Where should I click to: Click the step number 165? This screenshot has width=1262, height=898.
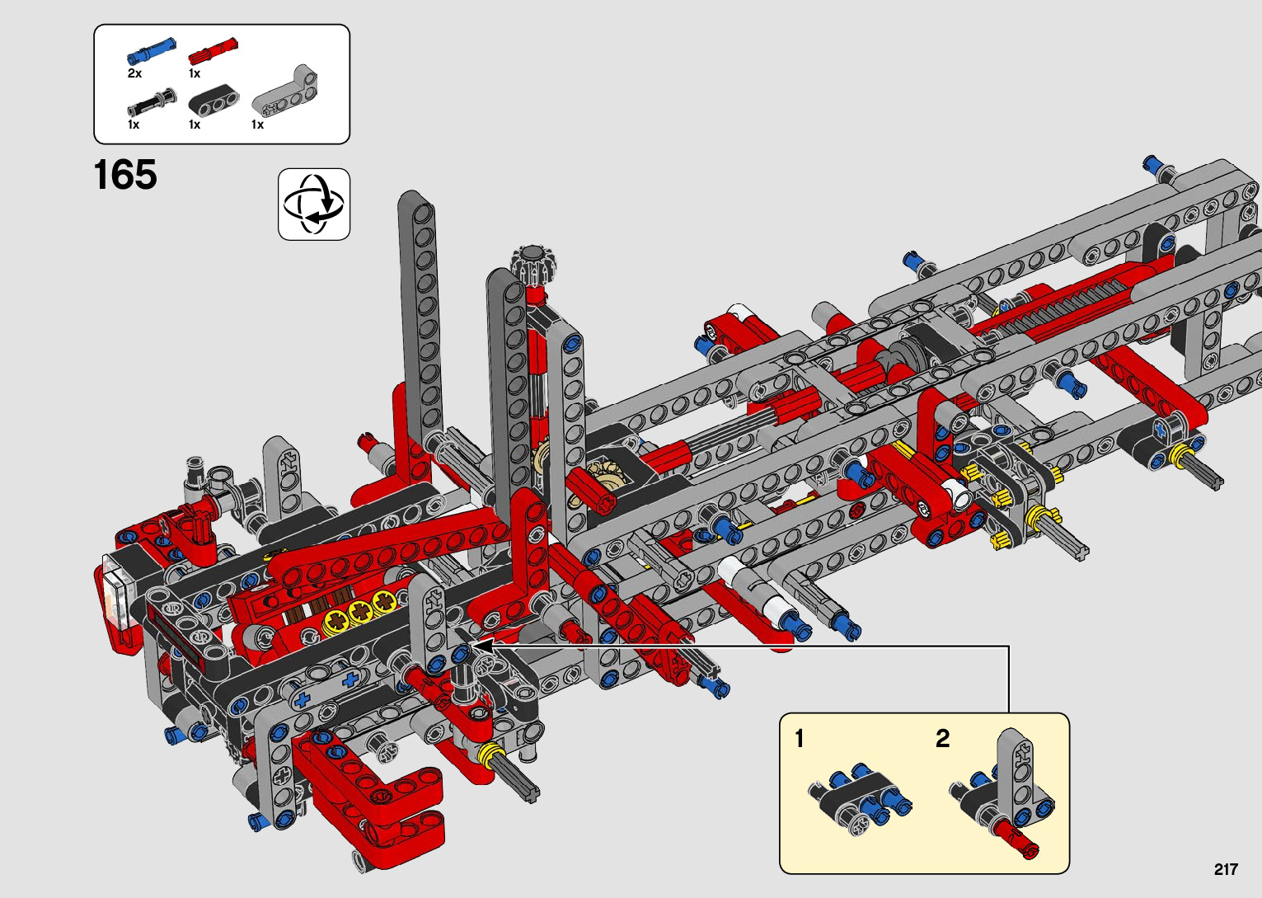(x=125, y=174)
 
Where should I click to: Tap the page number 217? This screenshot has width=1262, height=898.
(x=1226, y=869)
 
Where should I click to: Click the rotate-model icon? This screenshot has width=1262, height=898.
(x=314, y=204)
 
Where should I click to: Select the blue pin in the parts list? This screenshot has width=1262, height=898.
(x=152, y=51)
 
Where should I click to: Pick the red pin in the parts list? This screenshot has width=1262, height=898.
(x=213, y=49)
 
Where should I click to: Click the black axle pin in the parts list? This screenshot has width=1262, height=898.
(x=152, y=102)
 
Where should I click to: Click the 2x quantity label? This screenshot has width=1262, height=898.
(x=134, y=73)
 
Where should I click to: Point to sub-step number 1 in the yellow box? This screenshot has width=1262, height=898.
(x=799, y=738)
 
